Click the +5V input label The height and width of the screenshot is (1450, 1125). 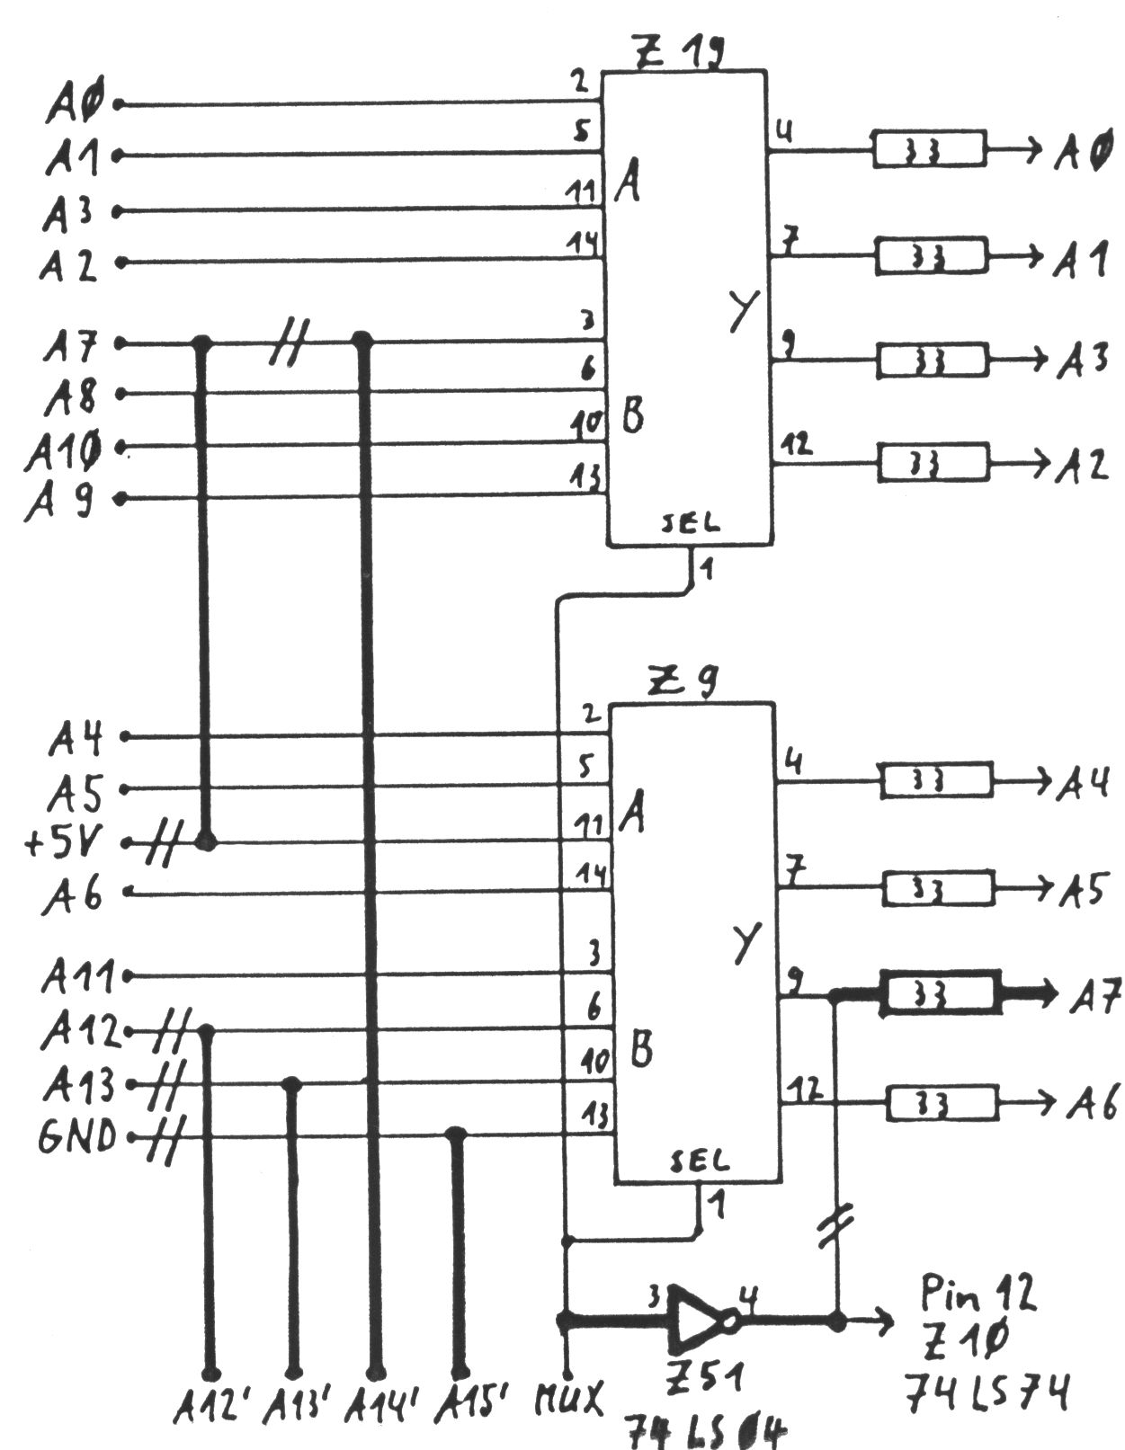pyautogui.click(x=65, y=842)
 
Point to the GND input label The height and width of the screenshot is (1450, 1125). pyautogui.click(x=77, y=1138)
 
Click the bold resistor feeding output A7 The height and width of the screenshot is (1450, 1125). pyautogui.click(x=940, y=993)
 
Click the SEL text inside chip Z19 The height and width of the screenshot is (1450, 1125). pyautogui.click(x=690, y=524)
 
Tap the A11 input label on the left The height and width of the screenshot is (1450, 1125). pyautogui.click(x=78, y=975)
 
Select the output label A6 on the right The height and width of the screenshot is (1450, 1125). pyautogui.click(x=1092, y=1102)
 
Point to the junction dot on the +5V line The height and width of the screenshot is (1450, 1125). pyautogui.click(x=206, y=842)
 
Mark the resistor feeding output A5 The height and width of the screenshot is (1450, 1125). pyautogui.click(x=939, y=888)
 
